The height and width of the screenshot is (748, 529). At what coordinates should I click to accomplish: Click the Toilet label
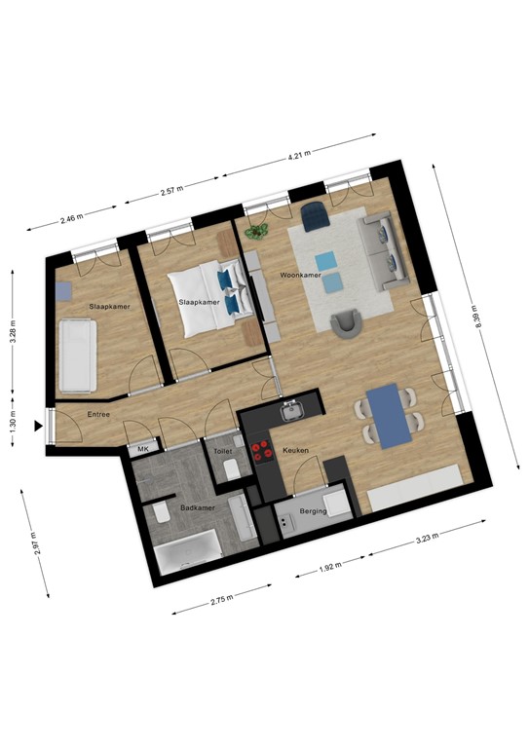pos(223,453)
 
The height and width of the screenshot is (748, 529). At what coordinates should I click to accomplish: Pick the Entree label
pos(98,415)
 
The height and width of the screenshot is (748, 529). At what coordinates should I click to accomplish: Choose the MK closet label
pos(143,449)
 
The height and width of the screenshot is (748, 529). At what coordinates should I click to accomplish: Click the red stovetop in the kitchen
pos(261,450)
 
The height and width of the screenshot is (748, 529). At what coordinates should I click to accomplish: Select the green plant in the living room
pos(257,232)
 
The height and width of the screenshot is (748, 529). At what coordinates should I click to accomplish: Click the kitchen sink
pos(291,412)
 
